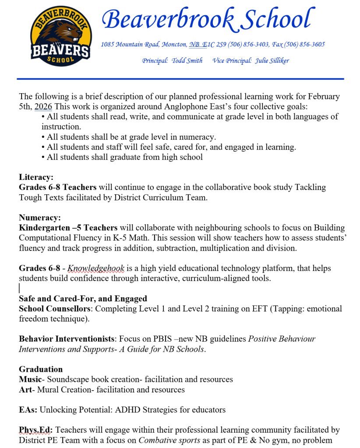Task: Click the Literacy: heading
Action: (36, 177)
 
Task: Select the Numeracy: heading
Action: (39, 217)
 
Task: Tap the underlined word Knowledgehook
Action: (96, 268)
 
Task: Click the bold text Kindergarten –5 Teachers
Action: (68, 227)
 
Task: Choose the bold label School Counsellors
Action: (55, 308)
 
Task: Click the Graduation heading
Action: (41, 369)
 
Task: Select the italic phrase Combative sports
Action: (169, 440)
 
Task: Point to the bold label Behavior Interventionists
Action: (66, 339)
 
